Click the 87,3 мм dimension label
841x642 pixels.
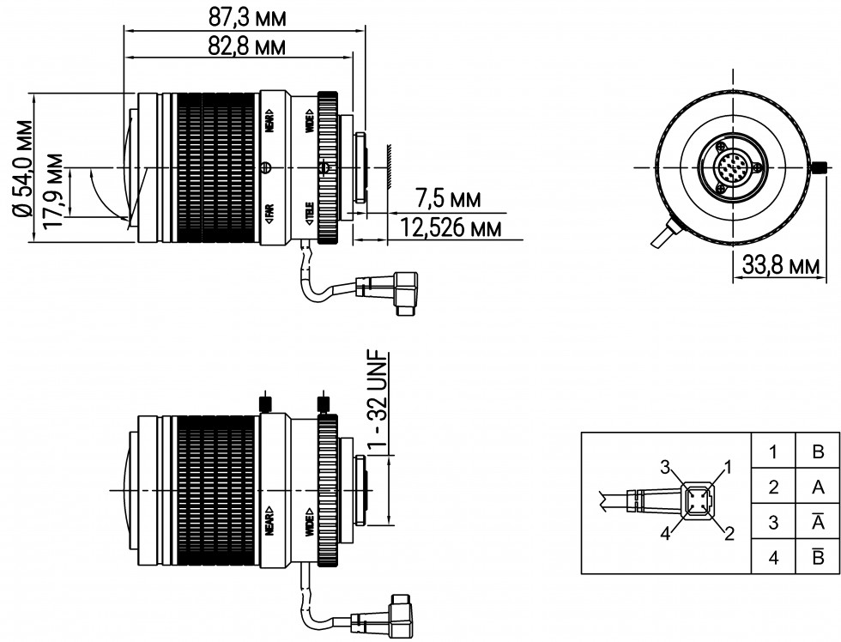tap(247, 17)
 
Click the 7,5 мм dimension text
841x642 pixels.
tap(448, 199)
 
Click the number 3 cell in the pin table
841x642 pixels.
tap(772, 522)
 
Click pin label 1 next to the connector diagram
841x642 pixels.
tap(729, 468)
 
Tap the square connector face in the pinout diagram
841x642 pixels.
tap(697, 500)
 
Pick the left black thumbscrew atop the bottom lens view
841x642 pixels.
tap(265, 402)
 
